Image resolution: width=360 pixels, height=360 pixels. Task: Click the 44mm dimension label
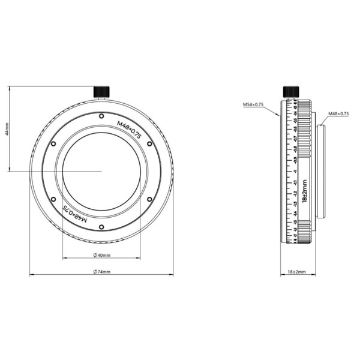[7, 128]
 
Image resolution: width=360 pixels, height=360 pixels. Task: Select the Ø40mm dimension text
[101, 256]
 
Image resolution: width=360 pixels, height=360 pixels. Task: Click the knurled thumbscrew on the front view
[101, 91]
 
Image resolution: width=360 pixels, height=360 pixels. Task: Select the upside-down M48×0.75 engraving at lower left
[75, 213]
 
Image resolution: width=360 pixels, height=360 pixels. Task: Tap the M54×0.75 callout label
[253, 105]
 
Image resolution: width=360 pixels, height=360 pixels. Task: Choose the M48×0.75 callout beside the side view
[338, 114]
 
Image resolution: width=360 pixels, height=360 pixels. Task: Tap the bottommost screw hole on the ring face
[101, 226]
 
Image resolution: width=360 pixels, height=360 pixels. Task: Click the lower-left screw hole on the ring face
[53, 199]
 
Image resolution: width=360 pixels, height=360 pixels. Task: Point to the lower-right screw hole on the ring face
[149, 199]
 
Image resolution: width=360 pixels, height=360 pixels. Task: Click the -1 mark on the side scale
[296, 171]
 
